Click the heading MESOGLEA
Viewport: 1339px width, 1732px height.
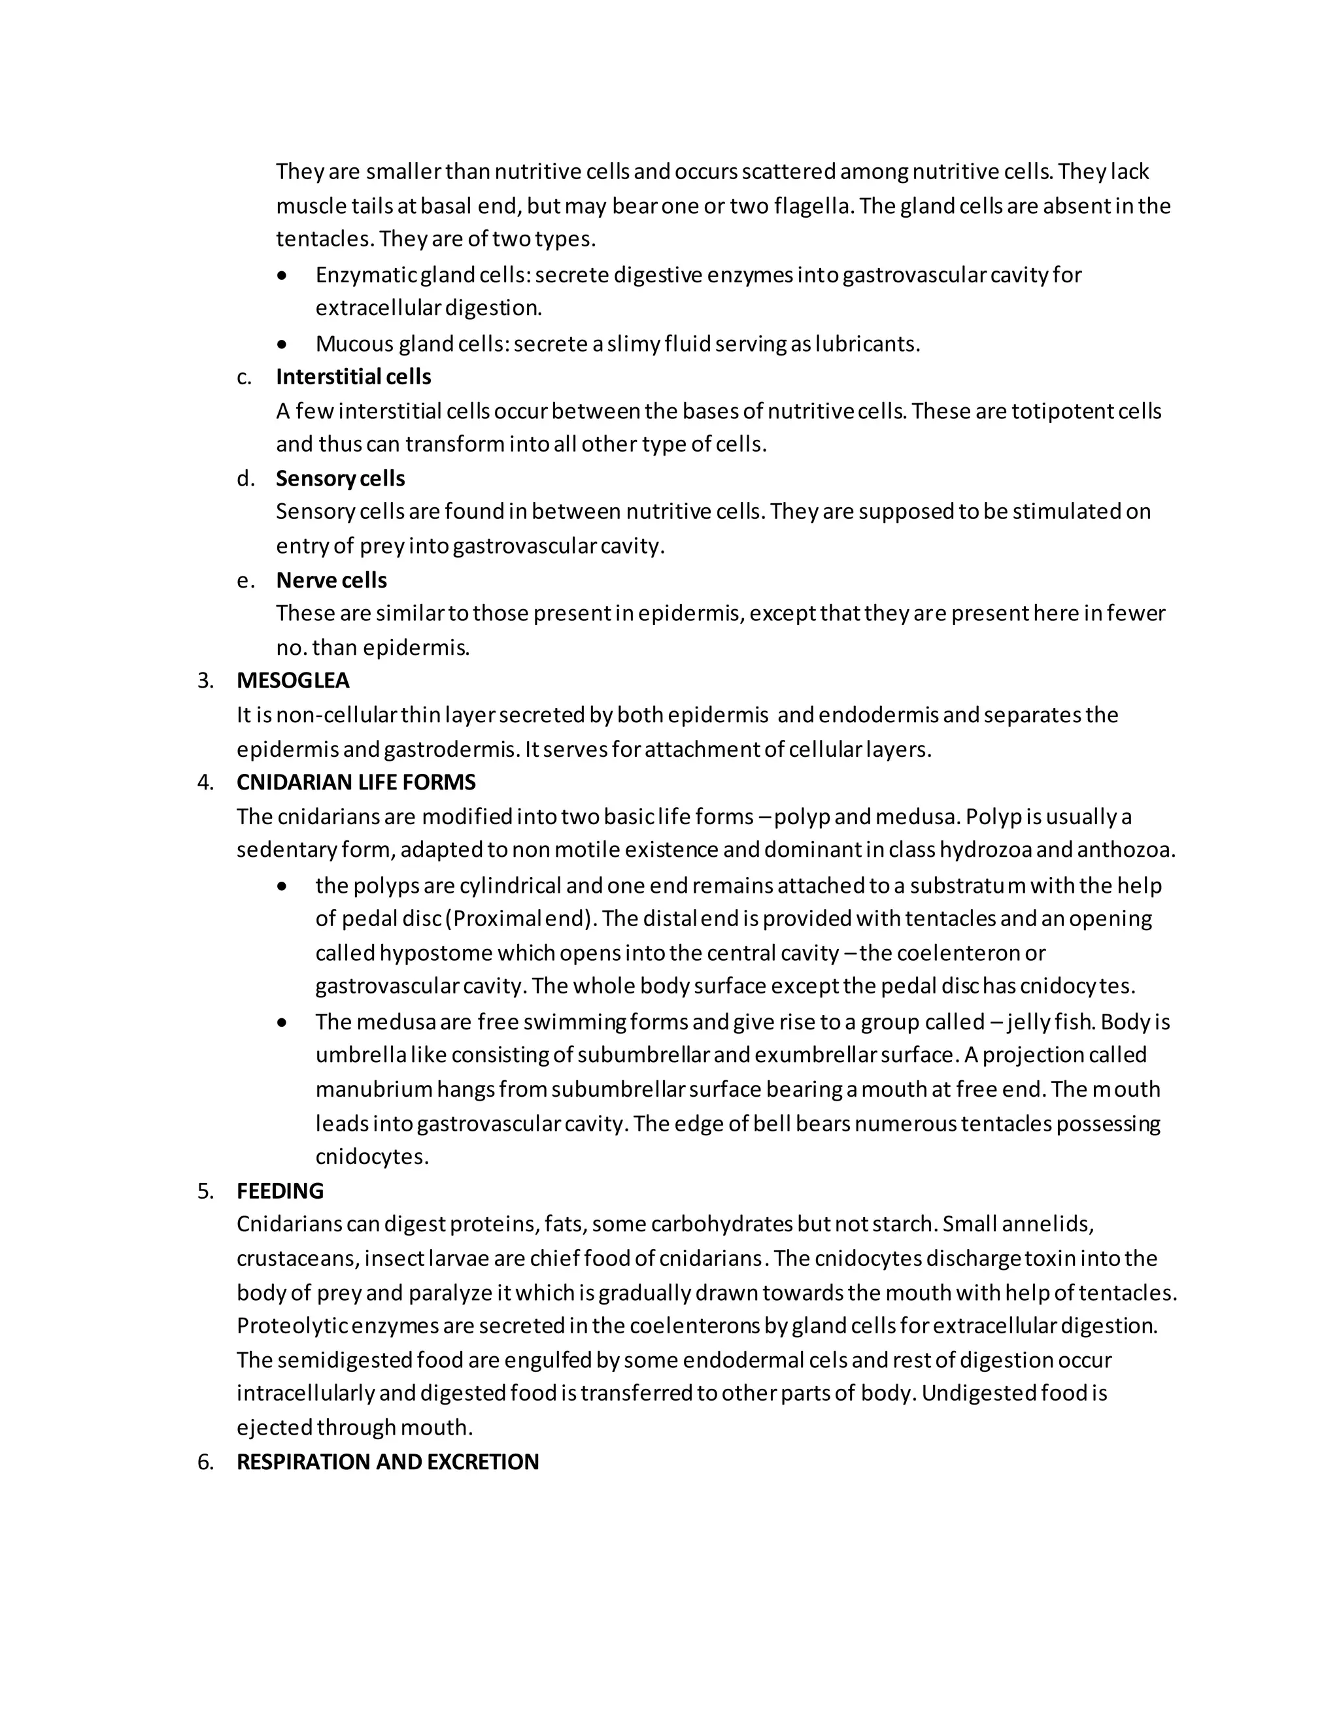[293, 680]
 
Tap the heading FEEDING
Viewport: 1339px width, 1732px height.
[280, 1190]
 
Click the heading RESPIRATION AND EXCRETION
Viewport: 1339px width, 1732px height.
[387, 1461]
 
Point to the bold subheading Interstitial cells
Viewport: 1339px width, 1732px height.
[353, 376]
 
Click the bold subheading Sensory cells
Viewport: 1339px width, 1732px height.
[340, 478]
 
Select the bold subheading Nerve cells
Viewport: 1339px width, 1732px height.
[331, 580]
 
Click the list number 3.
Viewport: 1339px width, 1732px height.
[205, 680]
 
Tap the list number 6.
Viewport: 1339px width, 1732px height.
[205, 1461]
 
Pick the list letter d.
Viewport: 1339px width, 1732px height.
[246, 478]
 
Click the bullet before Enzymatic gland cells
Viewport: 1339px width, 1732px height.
[283, 276]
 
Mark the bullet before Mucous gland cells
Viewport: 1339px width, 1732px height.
[283, 344]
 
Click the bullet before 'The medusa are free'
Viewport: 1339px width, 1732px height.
[283, 1022]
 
